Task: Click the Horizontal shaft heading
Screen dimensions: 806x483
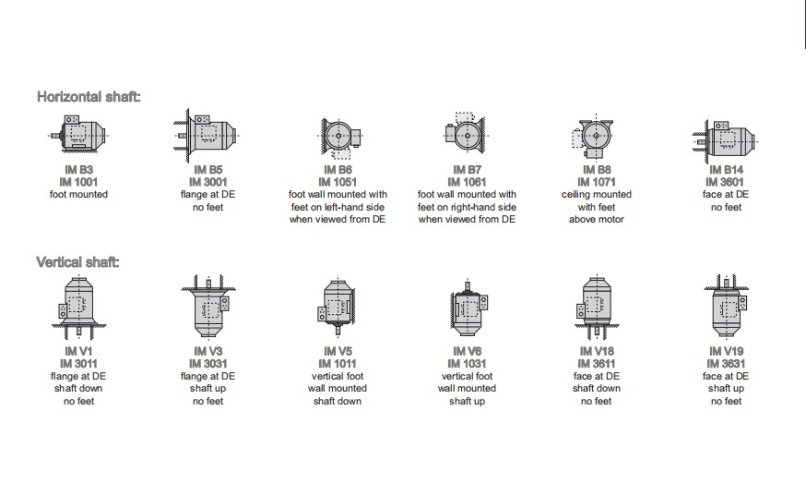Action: (89, 97)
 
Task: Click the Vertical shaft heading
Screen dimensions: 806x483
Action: (77, 262)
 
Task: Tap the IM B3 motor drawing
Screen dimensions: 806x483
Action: (78, 133)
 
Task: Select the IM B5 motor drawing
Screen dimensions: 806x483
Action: (207, 135)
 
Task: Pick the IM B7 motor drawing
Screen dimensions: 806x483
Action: (466, 133)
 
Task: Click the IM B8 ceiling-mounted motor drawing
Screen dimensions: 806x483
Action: (595, 136)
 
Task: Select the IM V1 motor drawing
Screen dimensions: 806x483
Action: (78, 308)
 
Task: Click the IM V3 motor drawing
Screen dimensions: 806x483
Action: (208, 307)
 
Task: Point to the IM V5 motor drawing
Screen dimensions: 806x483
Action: (337, 308)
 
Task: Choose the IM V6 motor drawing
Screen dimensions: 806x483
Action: (468, 307)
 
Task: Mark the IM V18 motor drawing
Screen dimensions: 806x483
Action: (596, 307)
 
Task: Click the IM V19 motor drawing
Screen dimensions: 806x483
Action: (726, 307)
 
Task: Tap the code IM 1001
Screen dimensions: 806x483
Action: (78, 182)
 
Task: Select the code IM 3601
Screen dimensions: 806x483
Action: (725, 182)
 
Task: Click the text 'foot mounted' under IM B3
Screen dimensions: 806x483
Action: (78, 194)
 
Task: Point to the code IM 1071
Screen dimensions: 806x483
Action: (597, 182)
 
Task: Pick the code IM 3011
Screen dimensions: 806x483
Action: (78, 364)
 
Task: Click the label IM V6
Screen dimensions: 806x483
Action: (467, 351)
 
